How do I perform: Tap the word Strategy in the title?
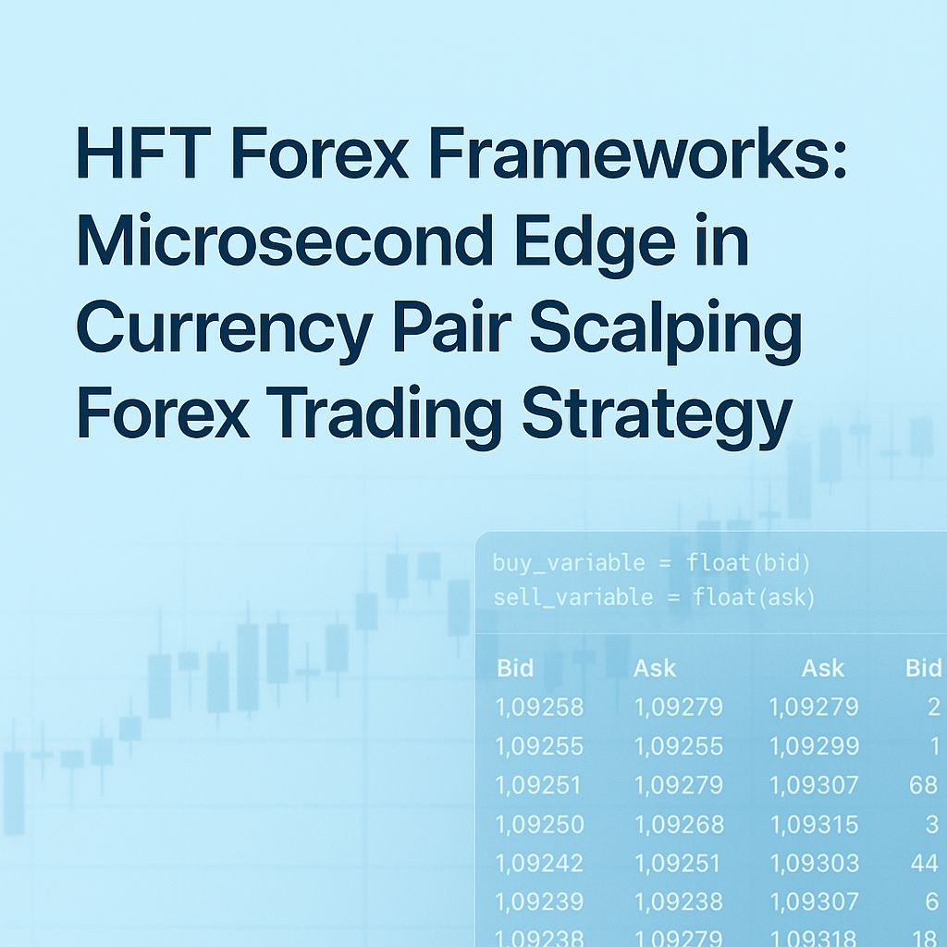click(657, 414)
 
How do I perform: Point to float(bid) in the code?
click(748, 562)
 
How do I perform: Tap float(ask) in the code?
click(754, 597)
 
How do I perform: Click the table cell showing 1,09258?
click(540, 707)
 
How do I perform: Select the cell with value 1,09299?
click(814, 746)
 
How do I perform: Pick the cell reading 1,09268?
click(679, 824)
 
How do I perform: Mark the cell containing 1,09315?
click(814, 824)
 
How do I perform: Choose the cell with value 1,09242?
click(540, 863)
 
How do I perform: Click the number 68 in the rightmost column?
click(923, 785)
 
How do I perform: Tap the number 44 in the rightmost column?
click(924, 863)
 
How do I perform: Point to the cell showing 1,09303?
click(814, 863)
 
